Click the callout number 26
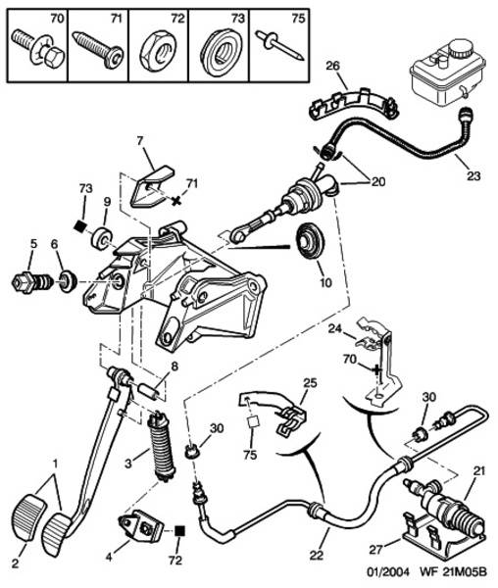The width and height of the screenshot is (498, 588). (332, 66)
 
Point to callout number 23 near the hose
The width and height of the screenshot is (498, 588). (473, 175)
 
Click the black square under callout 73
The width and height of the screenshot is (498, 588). (79, 225)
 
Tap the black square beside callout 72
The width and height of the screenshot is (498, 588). (180, 531)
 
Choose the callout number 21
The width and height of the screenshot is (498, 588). (478, 470)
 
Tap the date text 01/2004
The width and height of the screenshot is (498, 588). (387, 572)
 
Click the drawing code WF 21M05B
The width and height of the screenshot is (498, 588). (453, 572)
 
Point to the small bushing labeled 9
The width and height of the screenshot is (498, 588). (102, 238)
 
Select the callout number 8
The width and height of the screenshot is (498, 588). (174, 366)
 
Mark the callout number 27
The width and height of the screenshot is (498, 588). (375, 550)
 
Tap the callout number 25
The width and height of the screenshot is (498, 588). (310, 383)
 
